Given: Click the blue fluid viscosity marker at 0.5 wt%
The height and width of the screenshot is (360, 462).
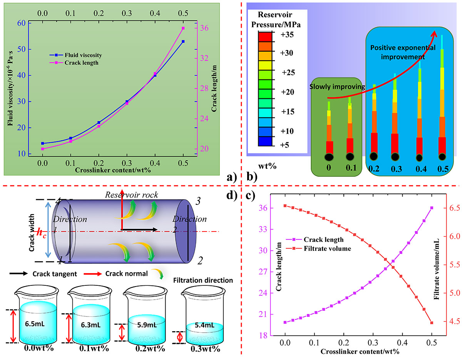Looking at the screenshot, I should (183, 42).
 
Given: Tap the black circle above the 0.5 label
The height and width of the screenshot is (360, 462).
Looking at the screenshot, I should (443, 157).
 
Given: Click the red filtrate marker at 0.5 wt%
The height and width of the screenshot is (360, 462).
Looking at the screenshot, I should (432, 323).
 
